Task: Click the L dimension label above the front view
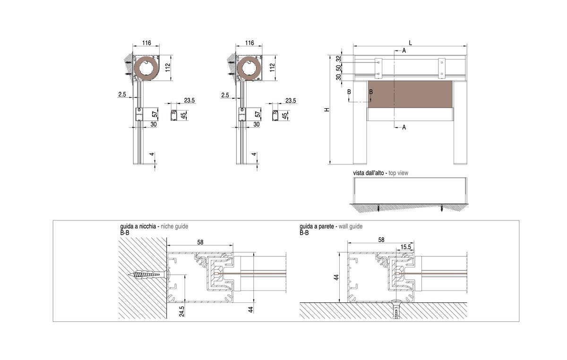[x=410, y=43]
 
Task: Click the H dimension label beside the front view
[x=327, y=110]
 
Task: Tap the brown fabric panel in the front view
[x=410, y=94]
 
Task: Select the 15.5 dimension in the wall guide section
[x=405, y=247]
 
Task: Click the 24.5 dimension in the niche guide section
[x=181, y=311]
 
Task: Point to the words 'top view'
[x=398, y=173]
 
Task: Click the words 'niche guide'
[x=174, y=226]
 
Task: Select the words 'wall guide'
[x=351, y=226]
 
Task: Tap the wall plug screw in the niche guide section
[x=148, y=275]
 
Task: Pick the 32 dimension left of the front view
[x=339, y=59]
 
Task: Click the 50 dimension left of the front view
[x=339, y=68]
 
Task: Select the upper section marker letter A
[x=404, y=51]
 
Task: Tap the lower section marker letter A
[x=404, y=128]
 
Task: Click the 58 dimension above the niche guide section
[x=200, y=242]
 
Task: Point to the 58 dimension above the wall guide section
[x=381, y=240]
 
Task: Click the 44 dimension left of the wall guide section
[x=336, y=277]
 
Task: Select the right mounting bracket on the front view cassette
[x=442, y=68]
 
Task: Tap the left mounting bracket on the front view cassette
[x=378, y=68]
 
